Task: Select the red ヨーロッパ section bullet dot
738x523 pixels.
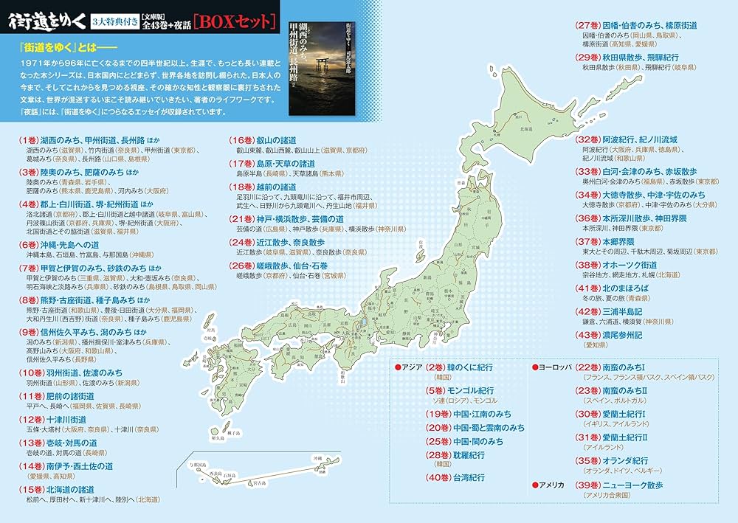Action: point(535,367)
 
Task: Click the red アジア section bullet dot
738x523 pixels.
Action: point(396,367)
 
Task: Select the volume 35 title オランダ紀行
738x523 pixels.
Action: point(624,460)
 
